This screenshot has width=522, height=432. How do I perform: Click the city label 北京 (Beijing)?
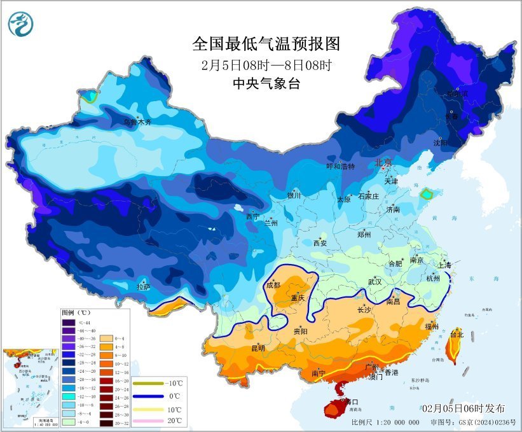[384, 162]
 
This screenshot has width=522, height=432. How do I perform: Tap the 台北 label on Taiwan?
[457, 333]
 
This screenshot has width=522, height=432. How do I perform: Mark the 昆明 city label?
[258, 348]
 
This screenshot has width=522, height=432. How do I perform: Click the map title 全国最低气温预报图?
[266, 44]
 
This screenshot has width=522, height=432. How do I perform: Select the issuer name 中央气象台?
[266, 83]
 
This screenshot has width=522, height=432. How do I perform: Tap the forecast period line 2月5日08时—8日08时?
[266, 64]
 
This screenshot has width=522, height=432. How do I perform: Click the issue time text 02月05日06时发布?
[464, 408]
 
